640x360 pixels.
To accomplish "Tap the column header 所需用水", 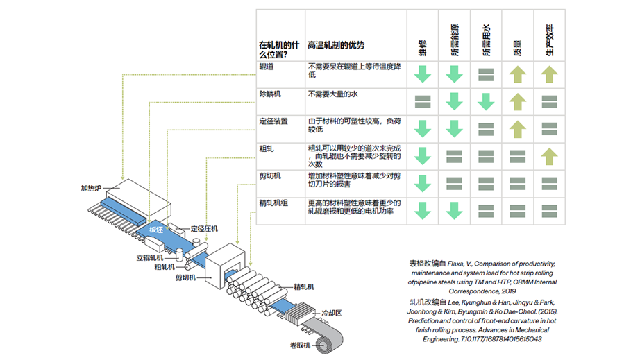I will pyautogui.click(x=486, y=40).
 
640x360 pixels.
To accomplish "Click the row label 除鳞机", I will pyautogui.click(x=269, y=93).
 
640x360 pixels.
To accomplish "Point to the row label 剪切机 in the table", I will pyautogui.click(x=269, y=175).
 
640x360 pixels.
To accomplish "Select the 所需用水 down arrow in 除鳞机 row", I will pyautogui.click(x=486, y=101).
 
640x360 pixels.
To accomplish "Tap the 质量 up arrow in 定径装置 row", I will pyautogui.click(x=517, y=128).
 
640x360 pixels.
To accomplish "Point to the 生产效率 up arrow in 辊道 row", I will pyautogui.click(x=548, y=74).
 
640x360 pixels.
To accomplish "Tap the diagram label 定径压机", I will pyautogui.click(x=205, y=228).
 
